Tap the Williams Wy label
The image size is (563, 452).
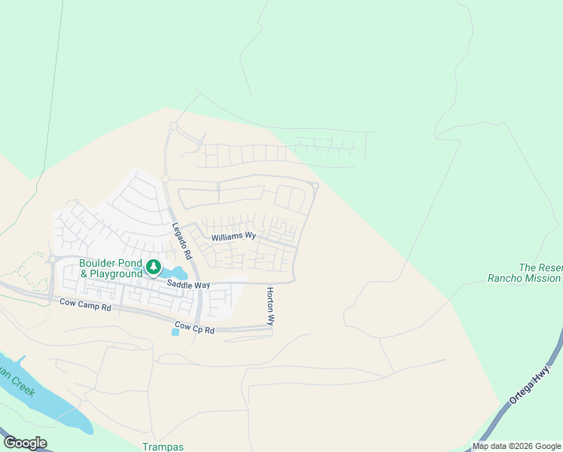(233, 237)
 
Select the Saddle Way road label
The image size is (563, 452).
(188, 285)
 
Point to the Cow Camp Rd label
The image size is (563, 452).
(85, 306)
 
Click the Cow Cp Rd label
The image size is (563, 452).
(193, 330)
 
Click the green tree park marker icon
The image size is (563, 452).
(154, 267)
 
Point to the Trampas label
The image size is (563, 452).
(163, 446)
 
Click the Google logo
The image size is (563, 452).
(25, 443)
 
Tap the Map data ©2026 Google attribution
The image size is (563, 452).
(517, 446)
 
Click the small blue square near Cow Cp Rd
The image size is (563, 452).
(175, 331)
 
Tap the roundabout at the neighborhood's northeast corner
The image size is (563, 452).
(315, 185)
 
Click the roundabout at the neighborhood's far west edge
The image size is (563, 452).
(53, 259)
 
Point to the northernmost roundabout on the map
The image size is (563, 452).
(173, 125)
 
